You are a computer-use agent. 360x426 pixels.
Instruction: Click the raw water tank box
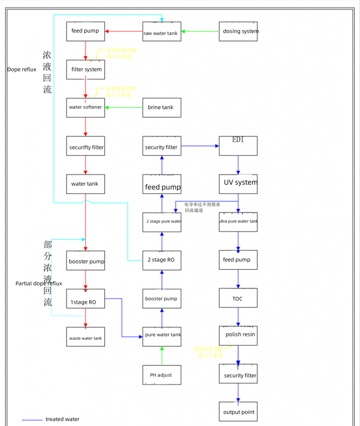point(162,32)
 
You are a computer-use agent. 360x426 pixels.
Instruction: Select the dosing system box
point(238,31)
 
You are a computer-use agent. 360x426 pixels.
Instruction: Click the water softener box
point(86,107)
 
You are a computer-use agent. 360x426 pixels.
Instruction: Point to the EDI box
point(238,146)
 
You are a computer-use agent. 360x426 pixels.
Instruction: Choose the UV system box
point(238,183)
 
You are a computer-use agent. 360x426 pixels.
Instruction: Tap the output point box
point(238,411)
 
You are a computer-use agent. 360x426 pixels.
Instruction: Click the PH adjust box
point(162,375)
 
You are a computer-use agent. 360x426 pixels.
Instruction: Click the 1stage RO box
point(86,299)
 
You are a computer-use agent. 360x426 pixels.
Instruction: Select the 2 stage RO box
point(162,260)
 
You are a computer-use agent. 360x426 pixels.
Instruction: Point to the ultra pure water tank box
point(238,222)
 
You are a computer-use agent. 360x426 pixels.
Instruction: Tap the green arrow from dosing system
point(200,31)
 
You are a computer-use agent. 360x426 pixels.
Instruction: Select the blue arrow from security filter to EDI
point(200,146)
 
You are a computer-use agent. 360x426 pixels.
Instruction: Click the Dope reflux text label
point(22,69)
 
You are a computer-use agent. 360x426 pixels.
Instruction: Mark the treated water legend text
point(62,419)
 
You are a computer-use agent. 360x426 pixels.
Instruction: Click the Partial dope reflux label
point(39,283)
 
